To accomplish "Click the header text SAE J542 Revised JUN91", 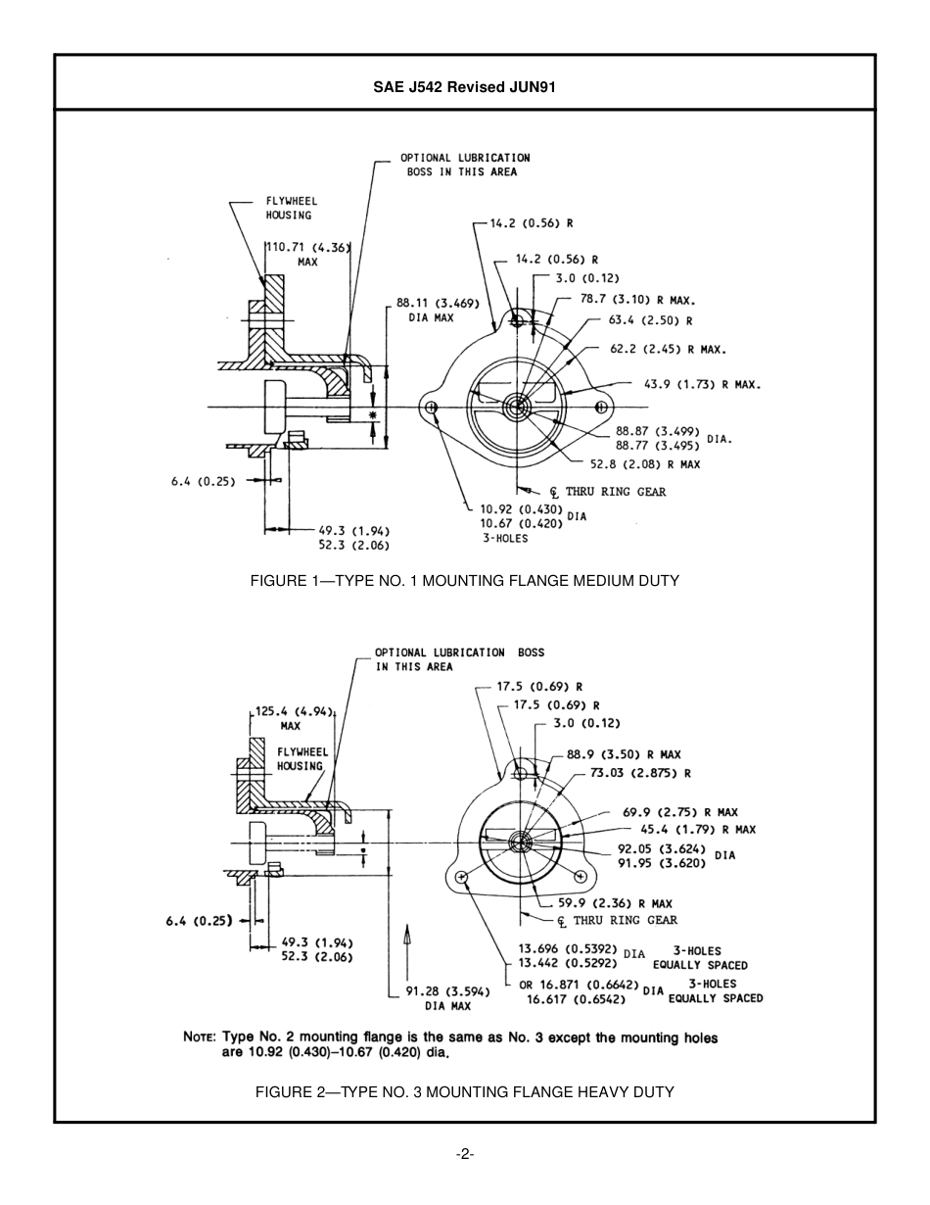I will (x=464, y=86).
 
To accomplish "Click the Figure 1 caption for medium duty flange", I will (x=464, y=581).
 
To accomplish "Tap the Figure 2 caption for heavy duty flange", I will (x=464, y=1091).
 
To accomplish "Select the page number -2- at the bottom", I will (x=465, y=1153).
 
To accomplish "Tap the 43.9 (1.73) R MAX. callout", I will (x=701, y=385).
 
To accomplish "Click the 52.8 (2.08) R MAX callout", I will (x=644, y=464).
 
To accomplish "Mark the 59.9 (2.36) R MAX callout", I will (x=615, y=903).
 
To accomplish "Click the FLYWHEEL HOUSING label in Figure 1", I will (x=291, y=208).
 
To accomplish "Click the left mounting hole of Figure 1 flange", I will (x=431, y=407).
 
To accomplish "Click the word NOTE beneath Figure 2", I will (x=201, y=1037).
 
